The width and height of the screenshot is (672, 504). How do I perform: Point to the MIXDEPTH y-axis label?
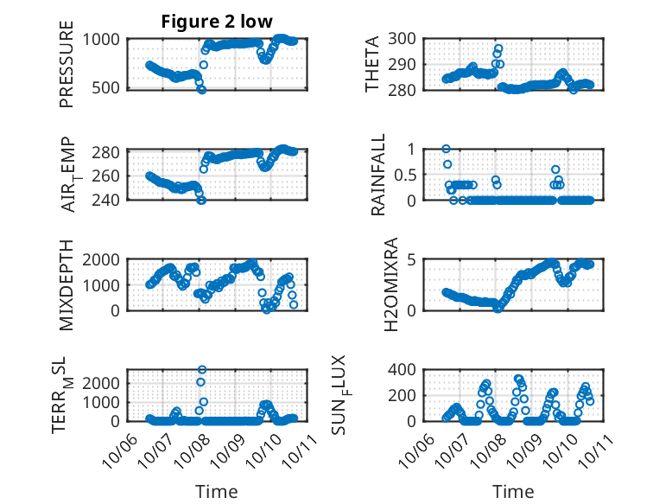tap(67, 285)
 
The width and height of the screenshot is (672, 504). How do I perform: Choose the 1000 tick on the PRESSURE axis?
tap(105, 39)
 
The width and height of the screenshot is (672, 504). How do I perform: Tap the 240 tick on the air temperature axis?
tap(110, 200)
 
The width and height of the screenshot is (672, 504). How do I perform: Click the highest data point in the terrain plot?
tap(201, 370)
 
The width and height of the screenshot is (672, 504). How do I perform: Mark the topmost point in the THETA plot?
tap(498, 48)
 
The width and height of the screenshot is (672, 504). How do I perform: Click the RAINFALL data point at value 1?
tap(446, 149)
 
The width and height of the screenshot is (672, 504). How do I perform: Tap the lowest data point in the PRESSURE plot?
tap(201, 89)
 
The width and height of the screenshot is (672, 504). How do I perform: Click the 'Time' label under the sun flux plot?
tap(513, 491)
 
